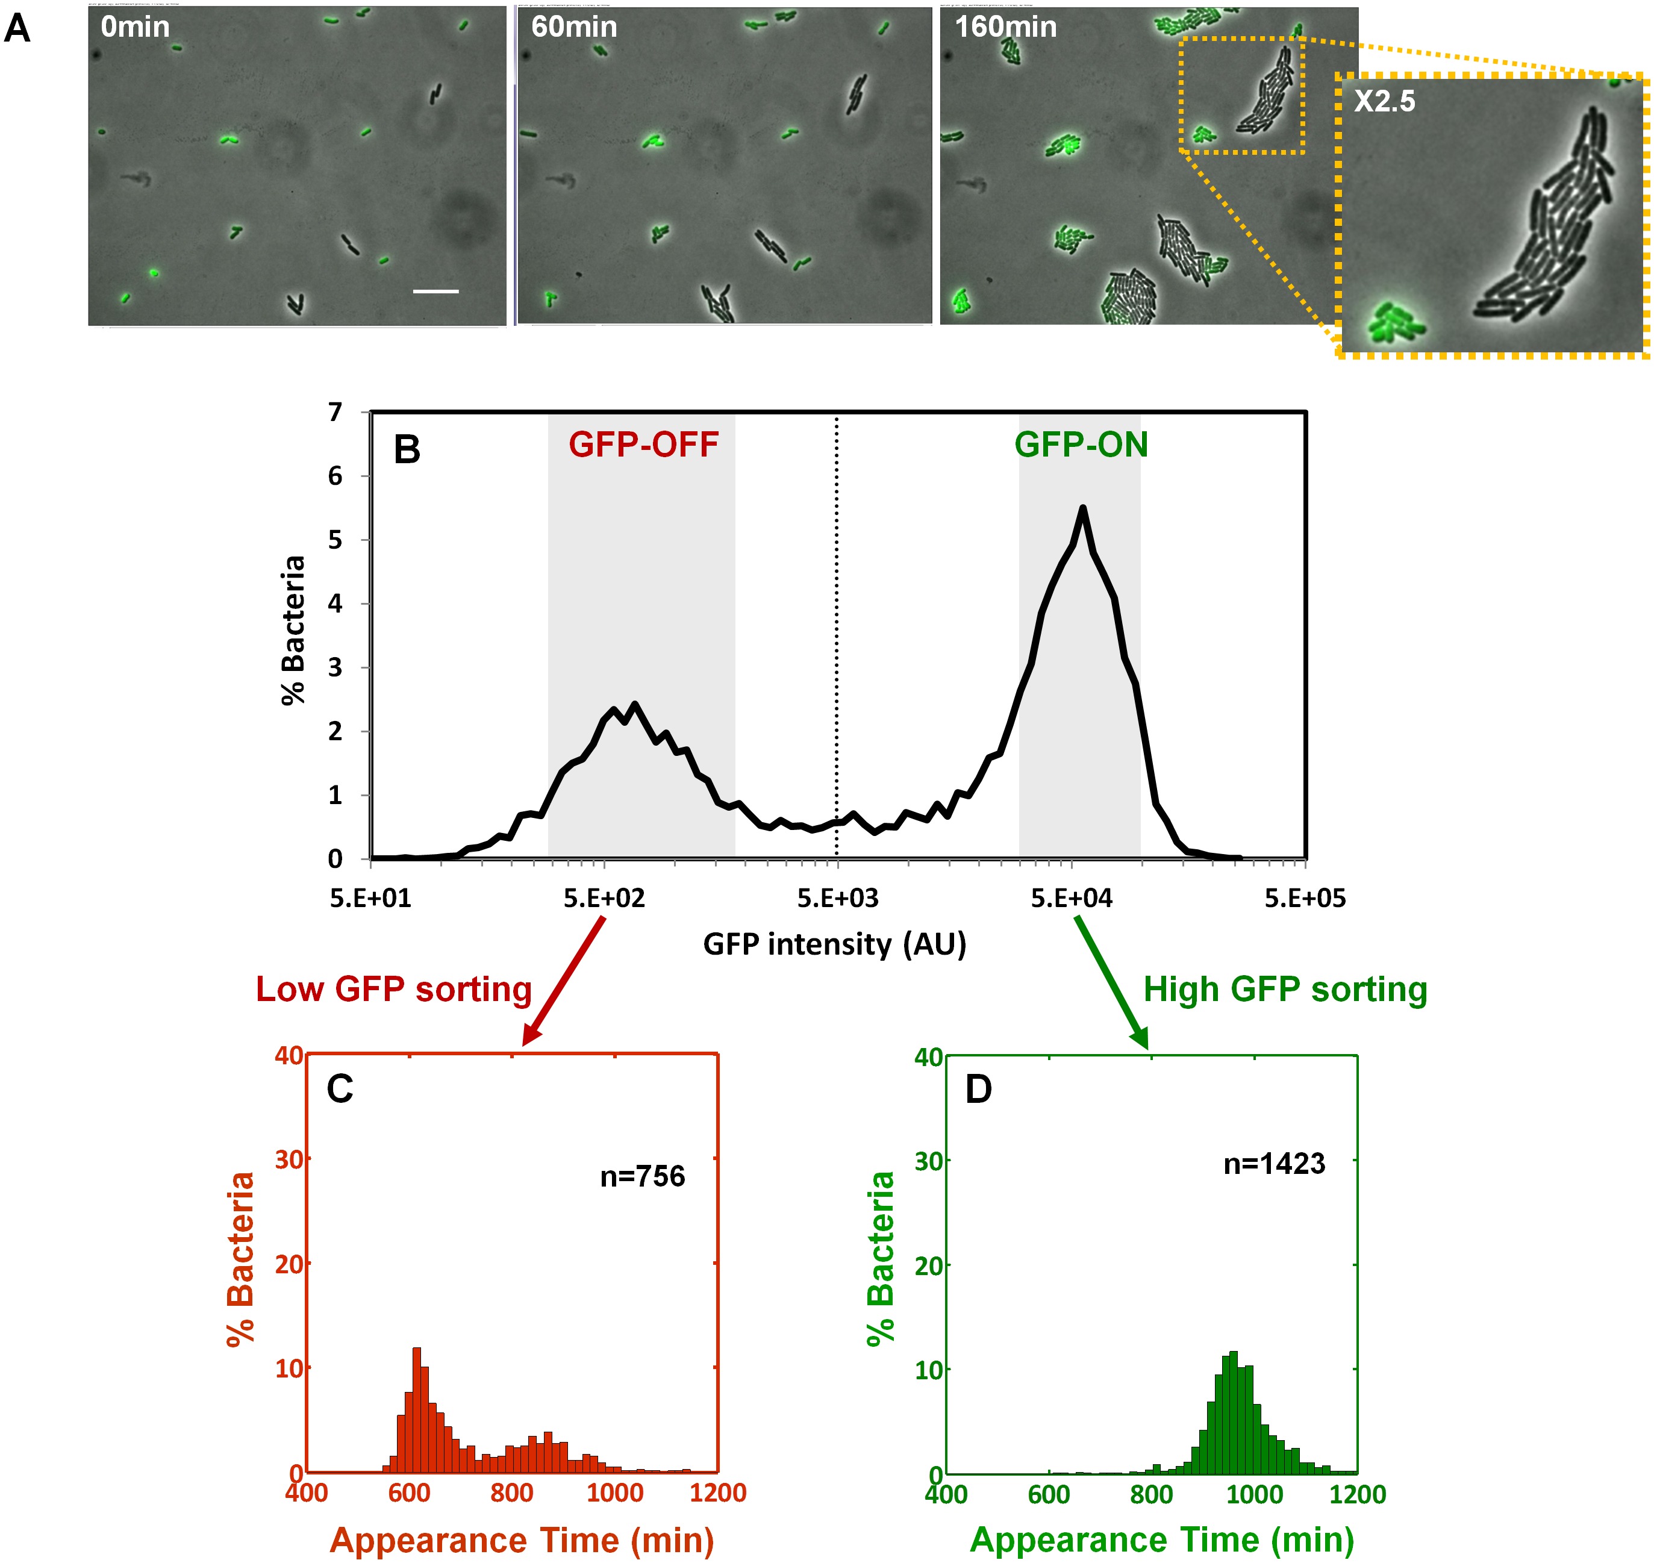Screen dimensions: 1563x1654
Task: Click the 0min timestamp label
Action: tap(135, 28)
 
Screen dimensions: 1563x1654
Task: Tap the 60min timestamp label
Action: tap(574, 28)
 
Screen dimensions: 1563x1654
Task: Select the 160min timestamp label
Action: tap(1006, 28)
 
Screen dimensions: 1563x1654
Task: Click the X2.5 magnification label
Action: tap(1384, 102)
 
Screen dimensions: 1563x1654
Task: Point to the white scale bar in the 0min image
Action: tap(436, 292)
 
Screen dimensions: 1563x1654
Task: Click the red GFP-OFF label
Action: tap(643, 445)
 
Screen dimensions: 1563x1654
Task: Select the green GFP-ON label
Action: tap(1081, 445)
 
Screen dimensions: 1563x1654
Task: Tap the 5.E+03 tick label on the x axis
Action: tap(837, 898)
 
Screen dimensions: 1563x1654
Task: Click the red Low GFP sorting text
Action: tap(393, 989)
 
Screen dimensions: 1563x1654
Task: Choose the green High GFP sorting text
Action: tap(1285, 989)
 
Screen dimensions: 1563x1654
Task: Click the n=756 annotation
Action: tap(643, 1176)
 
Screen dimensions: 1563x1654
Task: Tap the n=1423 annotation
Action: tap(1274, 1163)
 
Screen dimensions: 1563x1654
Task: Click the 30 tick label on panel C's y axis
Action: tap(289, 1159)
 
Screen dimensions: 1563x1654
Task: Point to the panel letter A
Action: tap(17, 28)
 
